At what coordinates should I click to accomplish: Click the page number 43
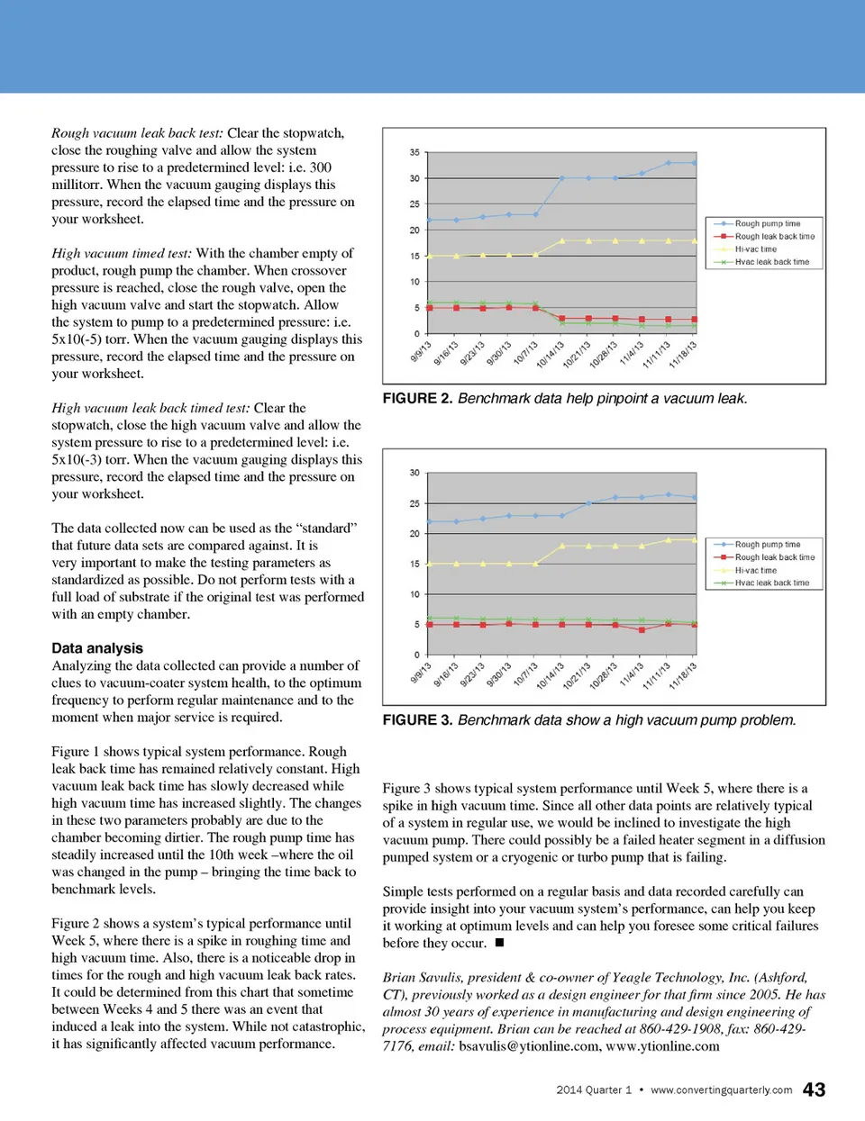[814, 1089]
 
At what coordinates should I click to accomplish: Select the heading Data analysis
[97, 648]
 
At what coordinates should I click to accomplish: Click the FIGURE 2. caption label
[417, 398]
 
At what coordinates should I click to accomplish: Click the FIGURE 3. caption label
[417, 719]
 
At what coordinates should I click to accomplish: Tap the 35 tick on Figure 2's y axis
[414, 152]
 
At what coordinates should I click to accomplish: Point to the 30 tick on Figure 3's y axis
[414, 473]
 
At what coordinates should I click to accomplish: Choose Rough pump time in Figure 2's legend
[767, 223]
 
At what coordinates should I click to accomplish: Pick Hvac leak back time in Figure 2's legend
[771, 262]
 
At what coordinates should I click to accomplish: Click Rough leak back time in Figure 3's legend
[774, 557]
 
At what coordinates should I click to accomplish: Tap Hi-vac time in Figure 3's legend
[755, 570]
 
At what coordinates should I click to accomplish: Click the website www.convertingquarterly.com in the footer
[721, 1090]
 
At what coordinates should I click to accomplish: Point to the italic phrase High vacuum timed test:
[122, 253]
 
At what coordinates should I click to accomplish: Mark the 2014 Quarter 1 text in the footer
[594, 1090]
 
